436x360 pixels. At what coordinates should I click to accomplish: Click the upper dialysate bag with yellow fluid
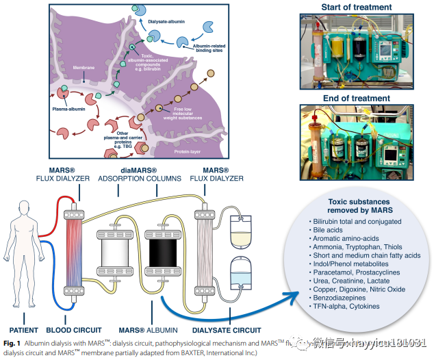[x=240, y=233]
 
